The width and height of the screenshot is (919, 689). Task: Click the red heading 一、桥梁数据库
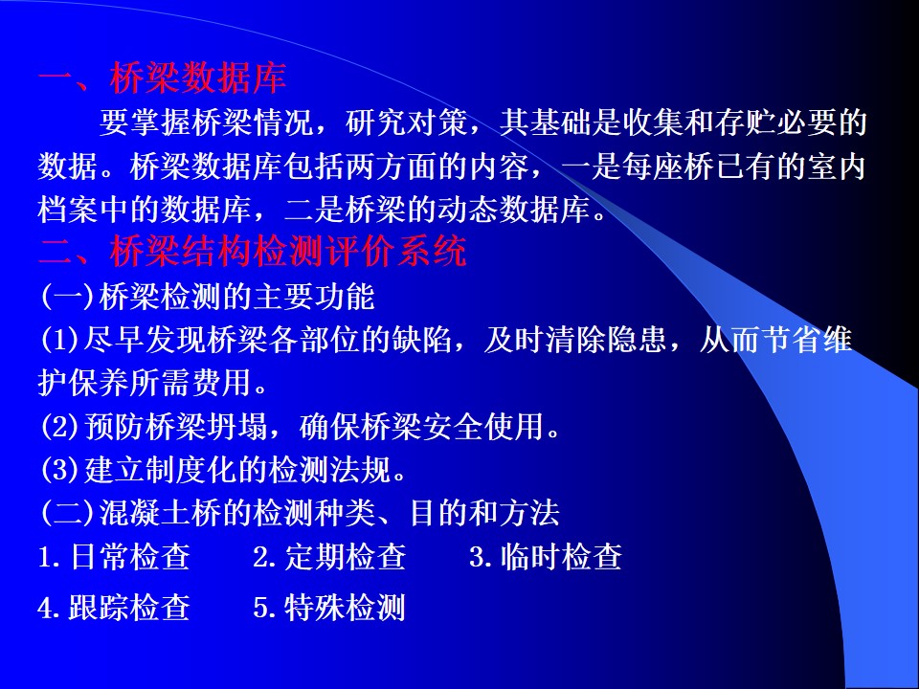[163, 78]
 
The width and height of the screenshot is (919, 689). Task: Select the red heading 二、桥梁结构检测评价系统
[253, 252]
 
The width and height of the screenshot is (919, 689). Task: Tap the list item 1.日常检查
[114, 556]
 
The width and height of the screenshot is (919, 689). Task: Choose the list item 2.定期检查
[329, 556]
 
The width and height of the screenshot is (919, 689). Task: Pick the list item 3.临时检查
[545, 556]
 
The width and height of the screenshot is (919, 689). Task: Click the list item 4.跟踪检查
[114, 607]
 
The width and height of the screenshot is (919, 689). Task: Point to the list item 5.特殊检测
[329, 607]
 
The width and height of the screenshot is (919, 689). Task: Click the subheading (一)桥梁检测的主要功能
[208, 297]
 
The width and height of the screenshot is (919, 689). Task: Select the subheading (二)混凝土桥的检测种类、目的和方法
[300, 513]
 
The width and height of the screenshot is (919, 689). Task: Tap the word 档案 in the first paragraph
[68, 210]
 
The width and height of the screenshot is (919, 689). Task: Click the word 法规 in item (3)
[361, 469]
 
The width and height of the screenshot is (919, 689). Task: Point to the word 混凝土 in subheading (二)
[146, 513]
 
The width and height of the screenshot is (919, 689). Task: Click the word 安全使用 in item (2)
[483, 427]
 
